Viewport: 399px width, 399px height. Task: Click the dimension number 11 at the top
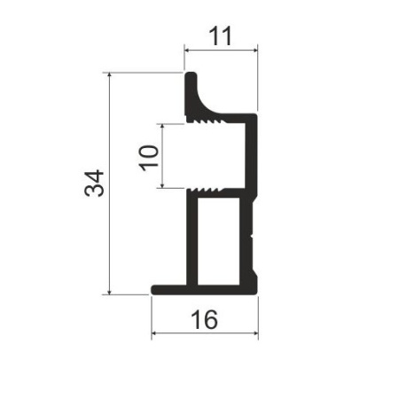coord(220,36)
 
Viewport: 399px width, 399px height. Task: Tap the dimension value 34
coord(94,183)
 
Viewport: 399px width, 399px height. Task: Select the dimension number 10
coord(149,158)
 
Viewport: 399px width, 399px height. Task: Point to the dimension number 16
coord(205,319)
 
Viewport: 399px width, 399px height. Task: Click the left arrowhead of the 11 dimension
coord(187,51)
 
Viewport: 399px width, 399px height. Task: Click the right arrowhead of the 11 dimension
coord(255,51)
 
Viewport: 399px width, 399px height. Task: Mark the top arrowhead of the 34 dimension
coord(110,75)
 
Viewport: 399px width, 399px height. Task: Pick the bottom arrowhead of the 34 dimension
coord(110,292)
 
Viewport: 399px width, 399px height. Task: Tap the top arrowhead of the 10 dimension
coord(162,127)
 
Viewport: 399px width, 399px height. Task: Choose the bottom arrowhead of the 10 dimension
coord(162,185)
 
